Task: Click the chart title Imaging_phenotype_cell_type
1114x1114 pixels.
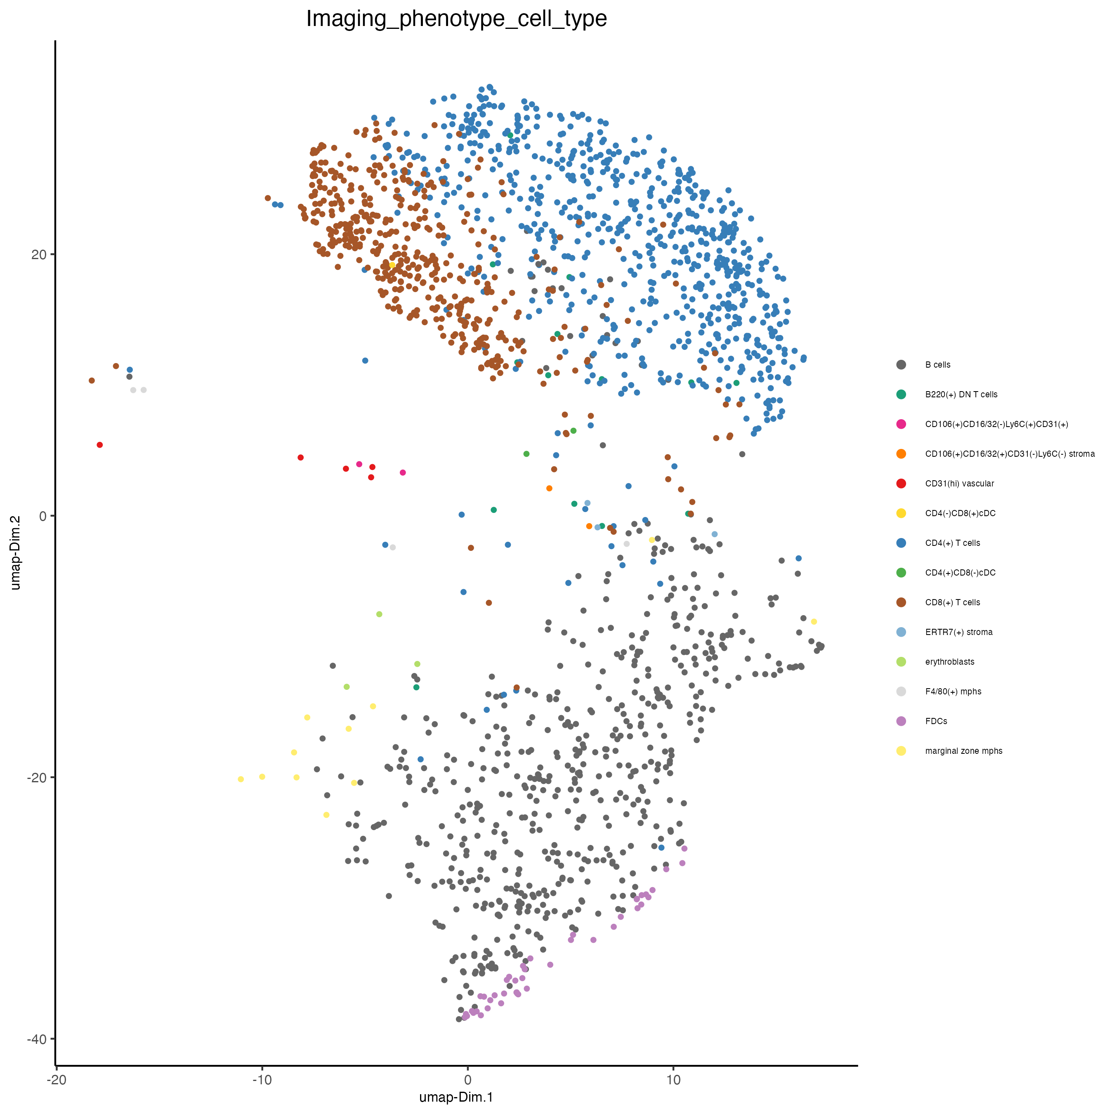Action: pos(456,19)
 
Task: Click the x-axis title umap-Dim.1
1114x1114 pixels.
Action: pos(456,1097)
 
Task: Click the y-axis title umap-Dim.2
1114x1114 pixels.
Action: pos(16,552)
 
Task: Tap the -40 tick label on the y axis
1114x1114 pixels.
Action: pos(36,1038)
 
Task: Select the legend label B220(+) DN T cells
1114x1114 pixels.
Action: pos(961,394)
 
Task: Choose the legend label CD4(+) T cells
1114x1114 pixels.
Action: pos(953,543)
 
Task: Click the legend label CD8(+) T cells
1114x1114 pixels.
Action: pos(953,602)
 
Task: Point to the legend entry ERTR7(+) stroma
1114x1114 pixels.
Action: pos(959,632)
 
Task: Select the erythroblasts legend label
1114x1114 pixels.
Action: pos(950,662)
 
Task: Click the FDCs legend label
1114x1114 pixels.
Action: pos(937,721)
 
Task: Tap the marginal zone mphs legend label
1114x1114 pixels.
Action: pos(963,751)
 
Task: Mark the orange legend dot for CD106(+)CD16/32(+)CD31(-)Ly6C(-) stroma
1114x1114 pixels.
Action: pos(901,454)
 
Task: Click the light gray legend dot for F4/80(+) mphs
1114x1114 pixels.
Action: pos(901,692)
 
